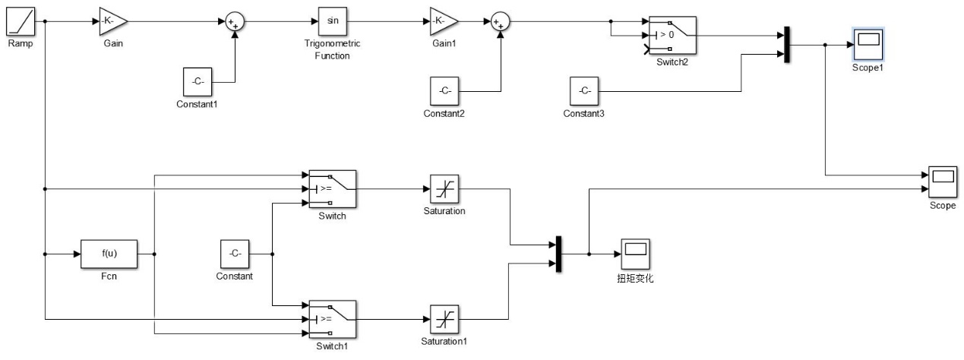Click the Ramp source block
pyautogui.click(x=19, y=21)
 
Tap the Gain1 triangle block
pyautogui.click(x=443, y=21)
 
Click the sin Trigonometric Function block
pyautogui.click(x=333, y=21)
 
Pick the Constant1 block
pyautogui.click(x=198, y=81)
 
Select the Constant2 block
pyautogui.click(x=444, y=92)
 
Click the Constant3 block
pyautogui.click(x=584, y=92)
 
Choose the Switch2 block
pyautogui.click(x=672, y=35)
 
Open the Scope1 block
pyautogui.click(x=868, y=45)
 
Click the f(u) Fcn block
pyautogui.click(x=109, y=254)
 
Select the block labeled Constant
pyautogui.click(x=235, y=254)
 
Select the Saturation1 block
pyautogui.click(x=444, y=319)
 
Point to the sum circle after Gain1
pyautogui.click(x=499, y=21)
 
